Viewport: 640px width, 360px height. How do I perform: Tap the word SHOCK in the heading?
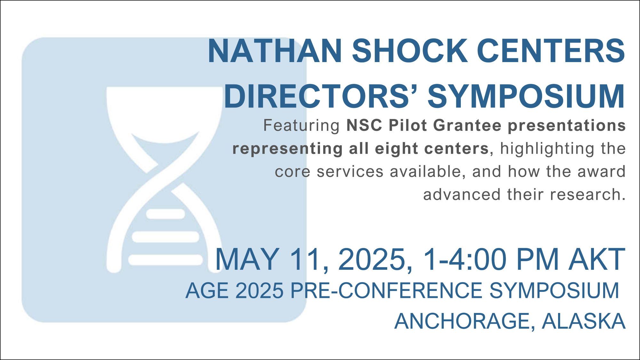pos(410,51)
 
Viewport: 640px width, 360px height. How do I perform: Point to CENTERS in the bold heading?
pos(551,51)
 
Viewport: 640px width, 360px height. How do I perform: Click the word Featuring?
pos(301,126)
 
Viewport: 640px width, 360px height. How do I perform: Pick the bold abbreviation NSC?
pos(364,125)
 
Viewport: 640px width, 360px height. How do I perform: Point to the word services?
pos(350,172)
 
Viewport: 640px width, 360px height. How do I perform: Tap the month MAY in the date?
pos(247,259)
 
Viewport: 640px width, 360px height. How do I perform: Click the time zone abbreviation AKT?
pos(596,259)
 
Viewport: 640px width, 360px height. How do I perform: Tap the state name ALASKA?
pos(584,321)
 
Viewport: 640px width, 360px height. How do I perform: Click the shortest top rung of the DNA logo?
pos(165,214)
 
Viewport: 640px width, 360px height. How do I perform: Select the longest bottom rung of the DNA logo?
pos(165,260)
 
